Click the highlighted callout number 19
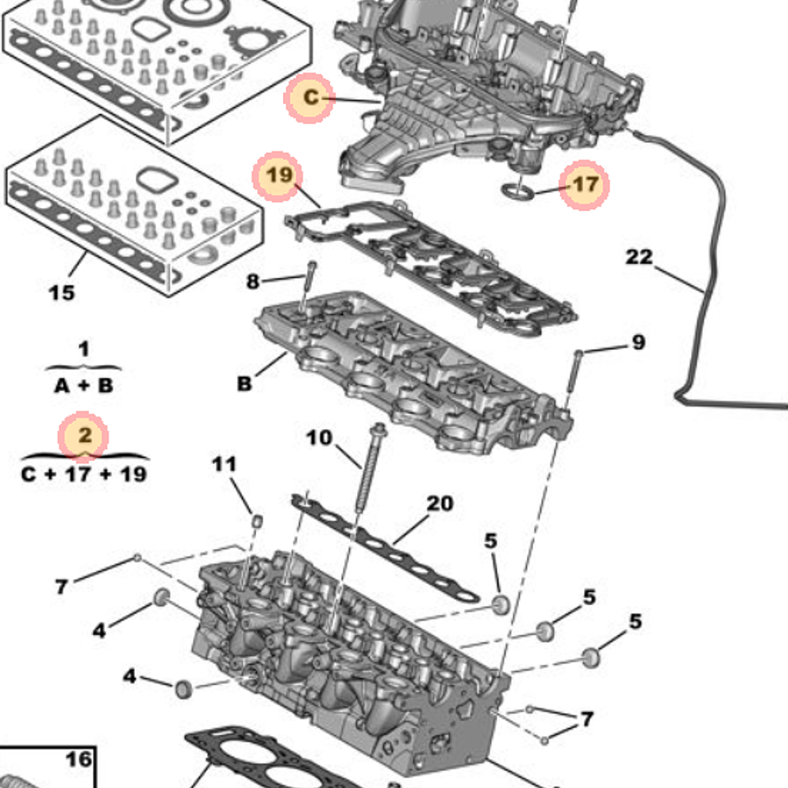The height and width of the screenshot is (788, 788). [x=278, y=175]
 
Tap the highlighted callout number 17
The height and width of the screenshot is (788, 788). [x=585, y=185]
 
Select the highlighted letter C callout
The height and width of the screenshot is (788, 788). [x=311, y=98]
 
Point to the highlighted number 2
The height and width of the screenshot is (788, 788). [x=84, y=435]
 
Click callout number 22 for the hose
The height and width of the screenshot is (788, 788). [x=640, y=257]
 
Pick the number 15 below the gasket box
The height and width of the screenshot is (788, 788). [x=61, y=292]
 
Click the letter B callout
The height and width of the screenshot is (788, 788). [x=244, y=385]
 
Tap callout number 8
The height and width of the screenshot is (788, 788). [x=252, y=281]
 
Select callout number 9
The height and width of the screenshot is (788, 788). [x=638, y=342]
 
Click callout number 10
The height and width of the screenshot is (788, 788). [x=320, y=437]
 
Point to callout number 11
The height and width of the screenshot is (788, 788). [x=224, y=464]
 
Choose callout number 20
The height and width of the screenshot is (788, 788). [x=440, y=503]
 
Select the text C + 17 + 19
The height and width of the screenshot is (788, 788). [x=84, y=475]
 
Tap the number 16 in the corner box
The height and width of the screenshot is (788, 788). [x=78, y=760]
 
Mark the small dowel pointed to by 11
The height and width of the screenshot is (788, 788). [x=256, y=520]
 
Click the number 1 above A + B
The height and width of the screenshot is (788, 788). [x=84, y=348]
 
